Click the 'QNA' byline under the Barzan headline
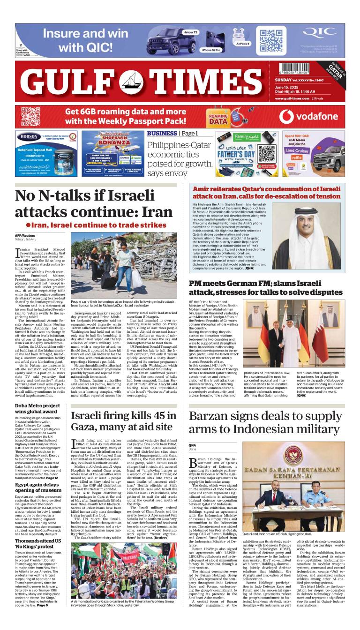[x=192, y=445]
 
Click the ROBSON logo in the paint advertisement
[x=29, y=138]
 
